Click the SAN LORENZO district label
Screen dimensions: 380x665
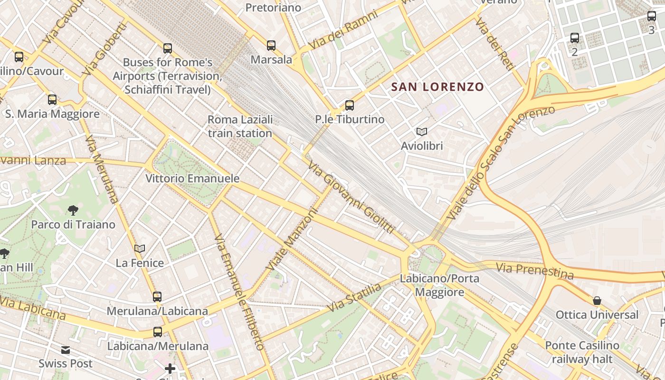click(437, 87)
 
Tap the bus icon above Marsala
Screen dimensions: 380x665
click(271, 46)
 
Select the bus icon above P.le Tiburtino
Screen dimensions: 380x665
click(350, 105)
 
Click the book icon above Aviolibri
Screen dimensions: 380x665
click(421, 132)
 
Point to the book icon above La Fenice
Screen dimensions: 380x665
click(140, 248)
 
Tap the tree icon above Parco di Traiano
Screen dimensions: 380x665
click(73, 210)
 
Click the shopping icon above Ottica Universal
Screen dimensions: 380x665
click(597, 301)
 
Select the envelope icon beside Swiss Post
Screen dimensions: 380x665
click(66, 351)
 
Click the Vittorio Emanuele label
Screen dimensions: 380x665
click(192, 179)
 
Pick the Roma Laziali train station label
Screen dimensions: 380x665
click(240, 126)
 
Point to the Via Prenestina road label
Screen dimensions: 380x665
click(534, 271)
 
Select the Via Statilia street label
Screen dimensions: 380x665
click(354, 298)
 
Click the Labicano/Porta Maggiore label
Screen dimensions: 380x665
click(439, 285)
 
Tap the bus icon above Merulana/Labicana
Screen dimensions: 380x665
click(157, 297)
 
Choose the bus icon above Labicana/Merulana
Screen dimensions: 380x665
click(158, 332)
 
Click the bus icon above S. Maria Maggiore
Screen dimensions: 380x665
click(52, 100)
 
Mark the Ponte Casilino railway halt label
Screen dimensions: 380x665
click(582, 352)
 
